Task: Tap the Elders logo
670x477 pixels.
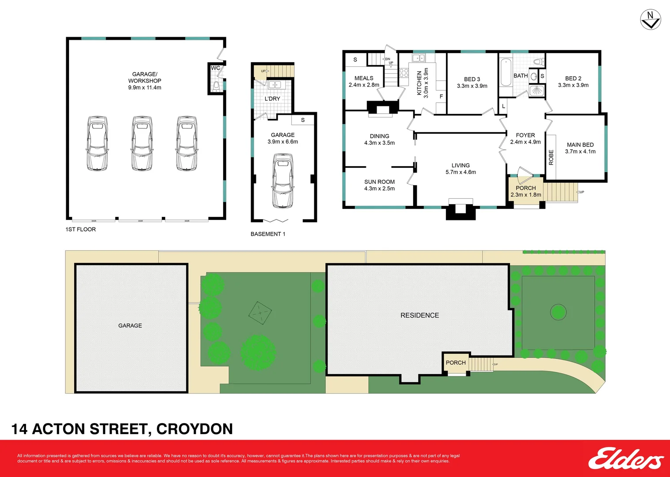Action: pos(625,459)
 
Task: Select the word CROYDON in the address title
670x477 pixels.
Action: pos(194,429)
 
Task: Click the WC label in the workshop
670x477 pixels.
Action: pos(215,68)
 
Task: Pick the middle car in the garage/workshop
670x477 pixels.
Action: pos(142,143)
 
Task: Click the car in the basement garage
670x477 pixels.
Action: pos(282,181)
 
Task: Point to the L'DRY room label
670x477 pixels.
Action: pos(272,98)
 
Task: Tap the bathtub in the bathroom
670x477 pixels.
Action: pos(506,73)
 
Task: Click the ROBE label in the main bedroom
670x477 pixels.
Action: pos(551,157)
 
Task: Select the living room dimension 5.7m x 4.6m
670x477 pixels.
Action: pos(461,172)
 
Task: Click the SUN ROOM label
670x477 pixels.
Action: pos(379,182)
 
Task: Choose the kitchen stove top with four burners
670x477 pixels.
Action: pos(404,73)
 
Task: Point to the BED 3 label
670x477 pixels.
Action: pos(472,79)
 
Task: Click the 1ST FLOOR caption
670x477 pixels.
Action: pos(80,229)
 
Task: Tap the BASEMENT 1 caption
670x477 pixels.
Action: pos(268,234)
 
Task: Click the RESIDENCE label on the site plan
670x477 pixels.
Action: pos(419,315)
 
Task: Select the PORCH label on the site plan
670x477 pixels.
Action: pos(456,363)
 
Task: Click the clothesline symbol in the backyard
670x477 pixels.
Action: pos(260,313)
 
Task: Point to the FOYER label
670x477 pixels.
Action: pos(525,135)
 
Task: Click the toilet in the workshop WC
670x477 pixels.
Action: pos(216,86)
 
